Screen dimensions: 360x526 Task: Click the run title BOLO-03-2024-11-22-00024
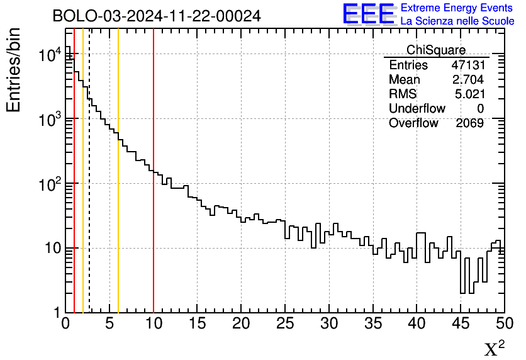(x=157, y=16)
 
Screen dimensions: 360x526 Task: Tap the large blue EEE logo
(x=369, y=14)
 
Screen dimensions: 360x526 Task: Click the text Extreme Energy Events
(x=457, y=8)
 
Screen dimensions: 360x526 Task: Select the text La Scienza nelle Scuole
(x=457, y=21)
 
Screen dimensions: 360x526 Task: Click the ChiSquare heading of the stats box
(x=436, y=50)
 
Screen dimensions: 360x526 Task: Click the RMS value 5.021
(x=469, y=94)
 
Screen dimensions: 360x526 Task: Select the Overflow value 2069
(x=469, y=123)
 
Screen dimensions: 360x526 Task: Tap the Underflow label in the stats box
(x=417, y=108)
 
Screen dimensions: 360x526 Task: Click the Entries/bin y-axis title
(x=14, y=69)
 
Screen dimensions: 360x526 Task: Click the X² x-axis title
(x=494, y=348)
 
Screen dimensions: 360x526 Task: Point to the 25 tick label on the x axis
(x=285, y=324)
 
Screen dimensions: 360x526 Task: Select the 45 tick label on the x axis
(x=461, y=324)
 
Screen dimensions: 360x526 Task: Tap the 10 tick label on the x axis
(x=154, y=324)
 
